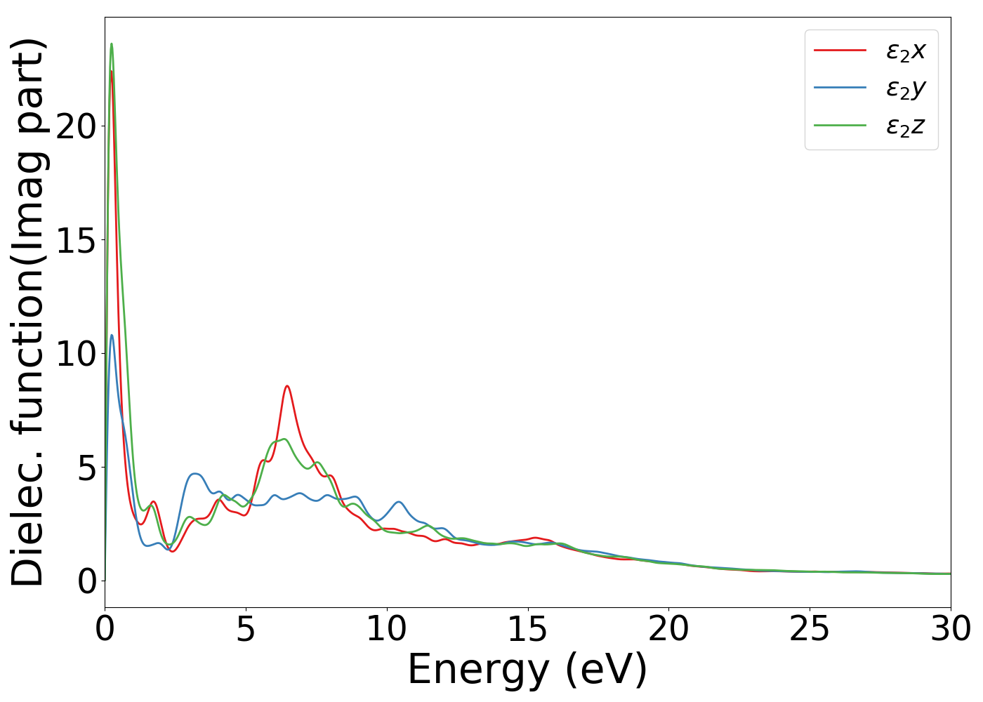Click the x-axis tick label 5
245,630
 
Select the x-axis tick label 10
386,630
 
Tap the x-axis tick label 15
527,630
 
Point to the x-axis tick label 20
668,630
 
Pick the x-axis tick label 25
810,630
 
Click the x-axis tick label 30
951,630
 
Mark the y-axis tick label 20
76,126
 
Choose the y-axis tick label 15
76,240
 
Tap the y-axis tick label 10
76,354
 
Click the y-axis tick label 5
86,468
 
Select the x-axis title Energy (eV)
527,670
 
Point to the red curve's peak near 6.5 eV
286,386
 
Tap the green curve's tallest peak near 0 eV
111,44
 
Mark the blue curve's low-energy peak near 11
111,336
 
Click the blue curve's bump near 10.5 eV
399,502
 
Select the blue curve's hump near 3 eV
195,474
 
